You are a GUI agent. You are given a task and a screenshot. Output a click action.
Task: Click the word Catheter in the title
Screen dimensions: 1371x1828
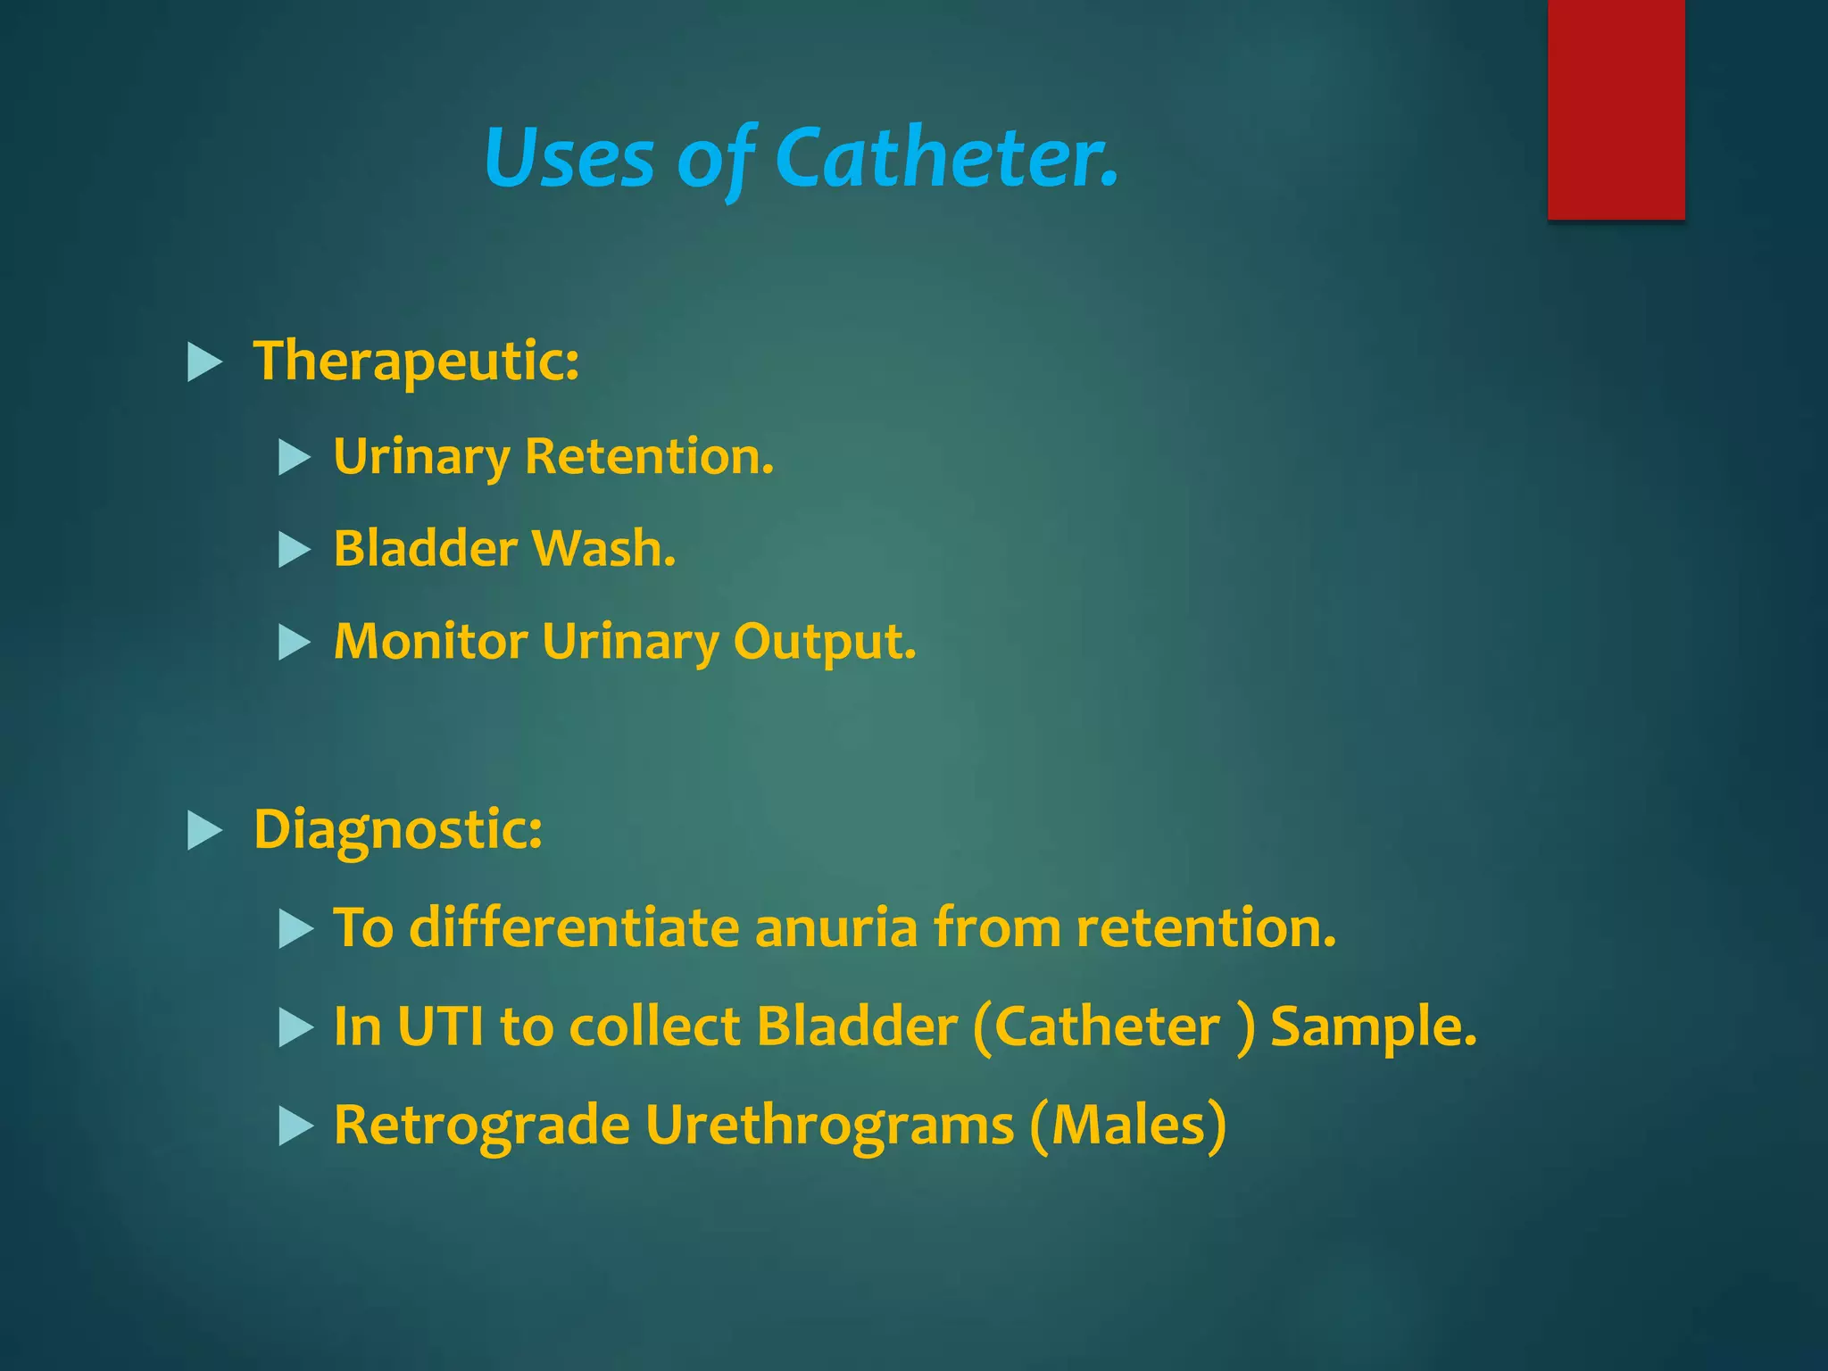(x=946, y=158)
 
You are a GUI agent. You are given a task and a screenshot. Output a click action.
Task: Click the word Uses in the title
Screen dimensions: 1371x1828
(x=569, y=158)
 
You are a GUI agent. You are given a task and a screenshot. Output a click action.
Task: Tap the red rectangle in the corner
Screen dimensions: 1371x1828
(x=1616, y=109)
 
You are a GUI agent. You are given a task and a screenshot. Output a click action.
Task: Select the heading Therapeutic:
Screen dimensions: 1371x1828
(x=416, y=361)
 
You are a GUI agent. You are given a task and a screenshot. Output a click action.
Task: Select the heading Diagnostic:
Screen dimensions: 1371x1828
(x=398, y=830)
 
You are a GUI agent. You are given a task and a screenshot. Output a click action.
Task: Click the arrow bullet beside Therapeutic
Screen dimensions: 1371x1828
(x=204, y=363)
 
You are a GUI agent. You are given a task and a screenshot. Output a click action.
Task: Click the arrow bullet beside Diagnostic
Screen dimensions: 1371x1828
(x=204, y=831)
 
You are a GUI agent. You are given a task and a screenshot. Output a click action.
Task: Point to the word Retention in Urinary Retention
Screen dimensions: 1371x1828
(x=649, y=457)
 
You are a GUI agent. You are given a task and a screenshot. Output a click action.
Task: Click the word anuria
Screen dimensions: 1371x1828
(x=835, y=927)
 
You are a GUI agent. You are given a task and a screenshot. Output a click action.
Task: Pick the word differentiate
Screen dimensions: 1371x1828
(x=573, y=927)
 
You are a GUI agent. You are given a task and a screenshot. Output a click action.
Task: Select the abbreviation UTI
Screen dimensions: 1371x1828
(x=440, y=1026)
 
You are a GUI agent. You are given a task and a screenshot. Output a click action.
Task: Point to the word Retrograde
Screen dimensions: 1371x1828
(x=481, y=1126)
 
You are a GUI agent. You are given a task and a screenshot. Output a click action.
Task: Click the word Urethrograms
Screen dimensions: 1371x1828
(x=829, y=1126)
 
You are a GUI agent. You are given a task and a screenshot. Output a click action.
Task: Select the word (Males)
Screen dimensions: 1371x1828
(x=1127, y=1126)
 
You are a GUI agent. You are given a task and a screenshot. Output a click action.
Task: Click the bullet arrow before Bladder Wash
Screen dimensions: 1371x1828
(x=294, y=550)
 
